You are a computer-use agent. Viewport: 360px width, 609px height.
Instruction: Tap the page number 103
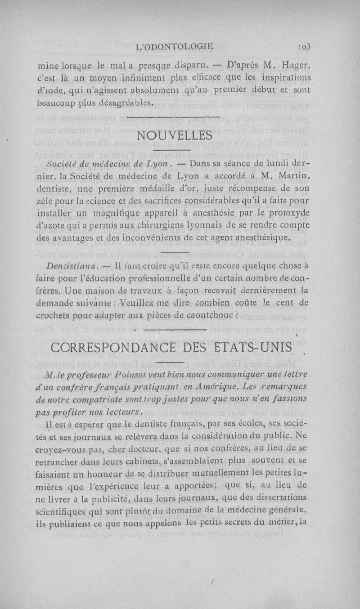click(311, 46)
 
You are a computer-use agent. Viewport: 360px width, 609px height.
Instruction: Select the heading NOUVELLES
click(174, 135)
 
